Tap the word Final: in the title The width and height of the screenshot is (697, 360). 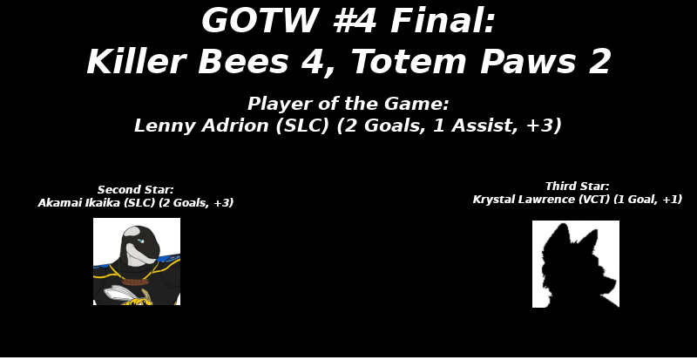coord(443,20)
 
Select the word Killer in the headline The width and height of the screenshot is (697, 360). coord(134,61)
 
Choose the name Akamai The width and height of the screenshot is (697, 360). coord(58,202)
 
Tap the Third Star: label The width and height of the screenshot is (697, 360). coord(577,186)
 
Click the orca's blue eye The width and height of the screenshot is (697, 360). coord(140,241)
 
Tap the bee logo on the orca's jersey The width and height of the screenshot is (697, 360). coord(128,295)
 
